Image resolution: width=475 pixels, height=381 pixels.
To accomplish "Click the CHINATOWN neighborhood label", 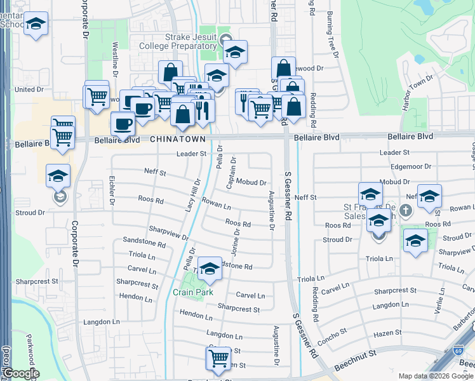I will tap(178, 138).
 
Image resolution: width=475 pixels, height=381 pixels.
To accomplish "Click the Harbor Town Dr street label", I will tap(418, 94).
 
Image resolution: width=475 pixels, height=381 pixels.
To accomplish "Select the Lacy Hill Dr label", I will tap(192, 195).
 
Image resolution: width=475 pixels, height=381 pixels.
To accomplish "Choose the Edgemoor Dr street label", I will tap(411, 166).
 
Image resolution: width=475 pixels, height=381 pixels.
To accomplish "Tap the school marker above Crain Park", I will tap(210, 269).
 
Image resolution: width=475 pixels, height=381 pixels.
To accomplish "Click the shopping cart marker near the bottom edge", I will tap(218, 358).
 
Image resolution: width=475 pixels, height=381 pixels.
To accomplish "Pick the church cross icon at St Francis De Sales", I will tap(407, 210).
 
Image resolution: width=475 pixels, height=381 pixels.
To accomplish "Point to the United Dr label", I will tap(29, 90).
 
